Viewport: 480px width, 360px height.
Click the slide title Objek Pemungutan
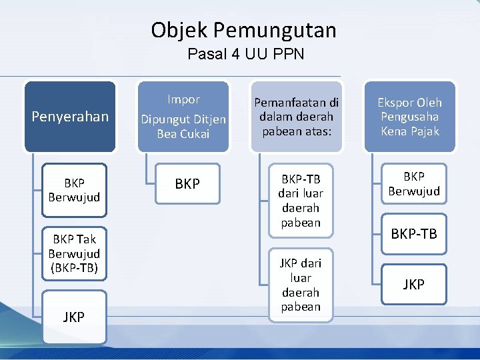pos(243,30)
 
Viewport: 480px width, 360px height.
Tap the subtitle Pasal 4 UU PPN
pos(245,55)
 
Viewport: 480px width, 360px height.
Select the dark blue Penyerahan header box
pos(70,117)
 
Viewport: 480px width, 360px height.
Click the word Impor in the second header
pos(183,100)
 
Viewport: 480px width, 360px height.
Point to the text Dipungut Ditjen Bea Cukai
pos(183,127)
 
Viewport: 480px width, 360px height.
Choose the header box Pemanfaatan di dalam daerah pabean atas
pos(296,117)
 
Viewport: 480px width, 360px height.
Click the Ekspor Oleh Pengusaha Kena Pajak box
pos(409,117)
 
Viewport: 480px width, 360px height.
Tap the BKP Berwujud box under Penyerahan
pos(74,190)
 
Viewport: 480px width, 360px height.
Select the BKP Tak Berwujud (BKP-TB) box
pos(74,254)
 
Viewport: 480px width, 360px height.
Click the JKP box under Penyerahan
pos(74,317)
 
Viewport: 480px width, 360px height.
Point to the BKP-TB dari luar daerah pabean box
pos(301,201)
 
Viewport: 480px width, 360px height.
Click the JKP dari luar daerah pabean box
pos(301,285)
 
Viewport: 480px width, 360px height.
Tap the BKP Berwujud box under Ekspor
pos(414,184)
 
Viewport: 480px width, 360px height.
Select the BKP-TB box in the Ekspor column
pos(414,234)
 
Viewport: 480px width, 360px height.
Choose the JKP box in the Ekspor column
pos(414,285)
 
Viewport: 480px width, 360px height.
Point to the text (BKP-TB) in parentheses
pos(74,269)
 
